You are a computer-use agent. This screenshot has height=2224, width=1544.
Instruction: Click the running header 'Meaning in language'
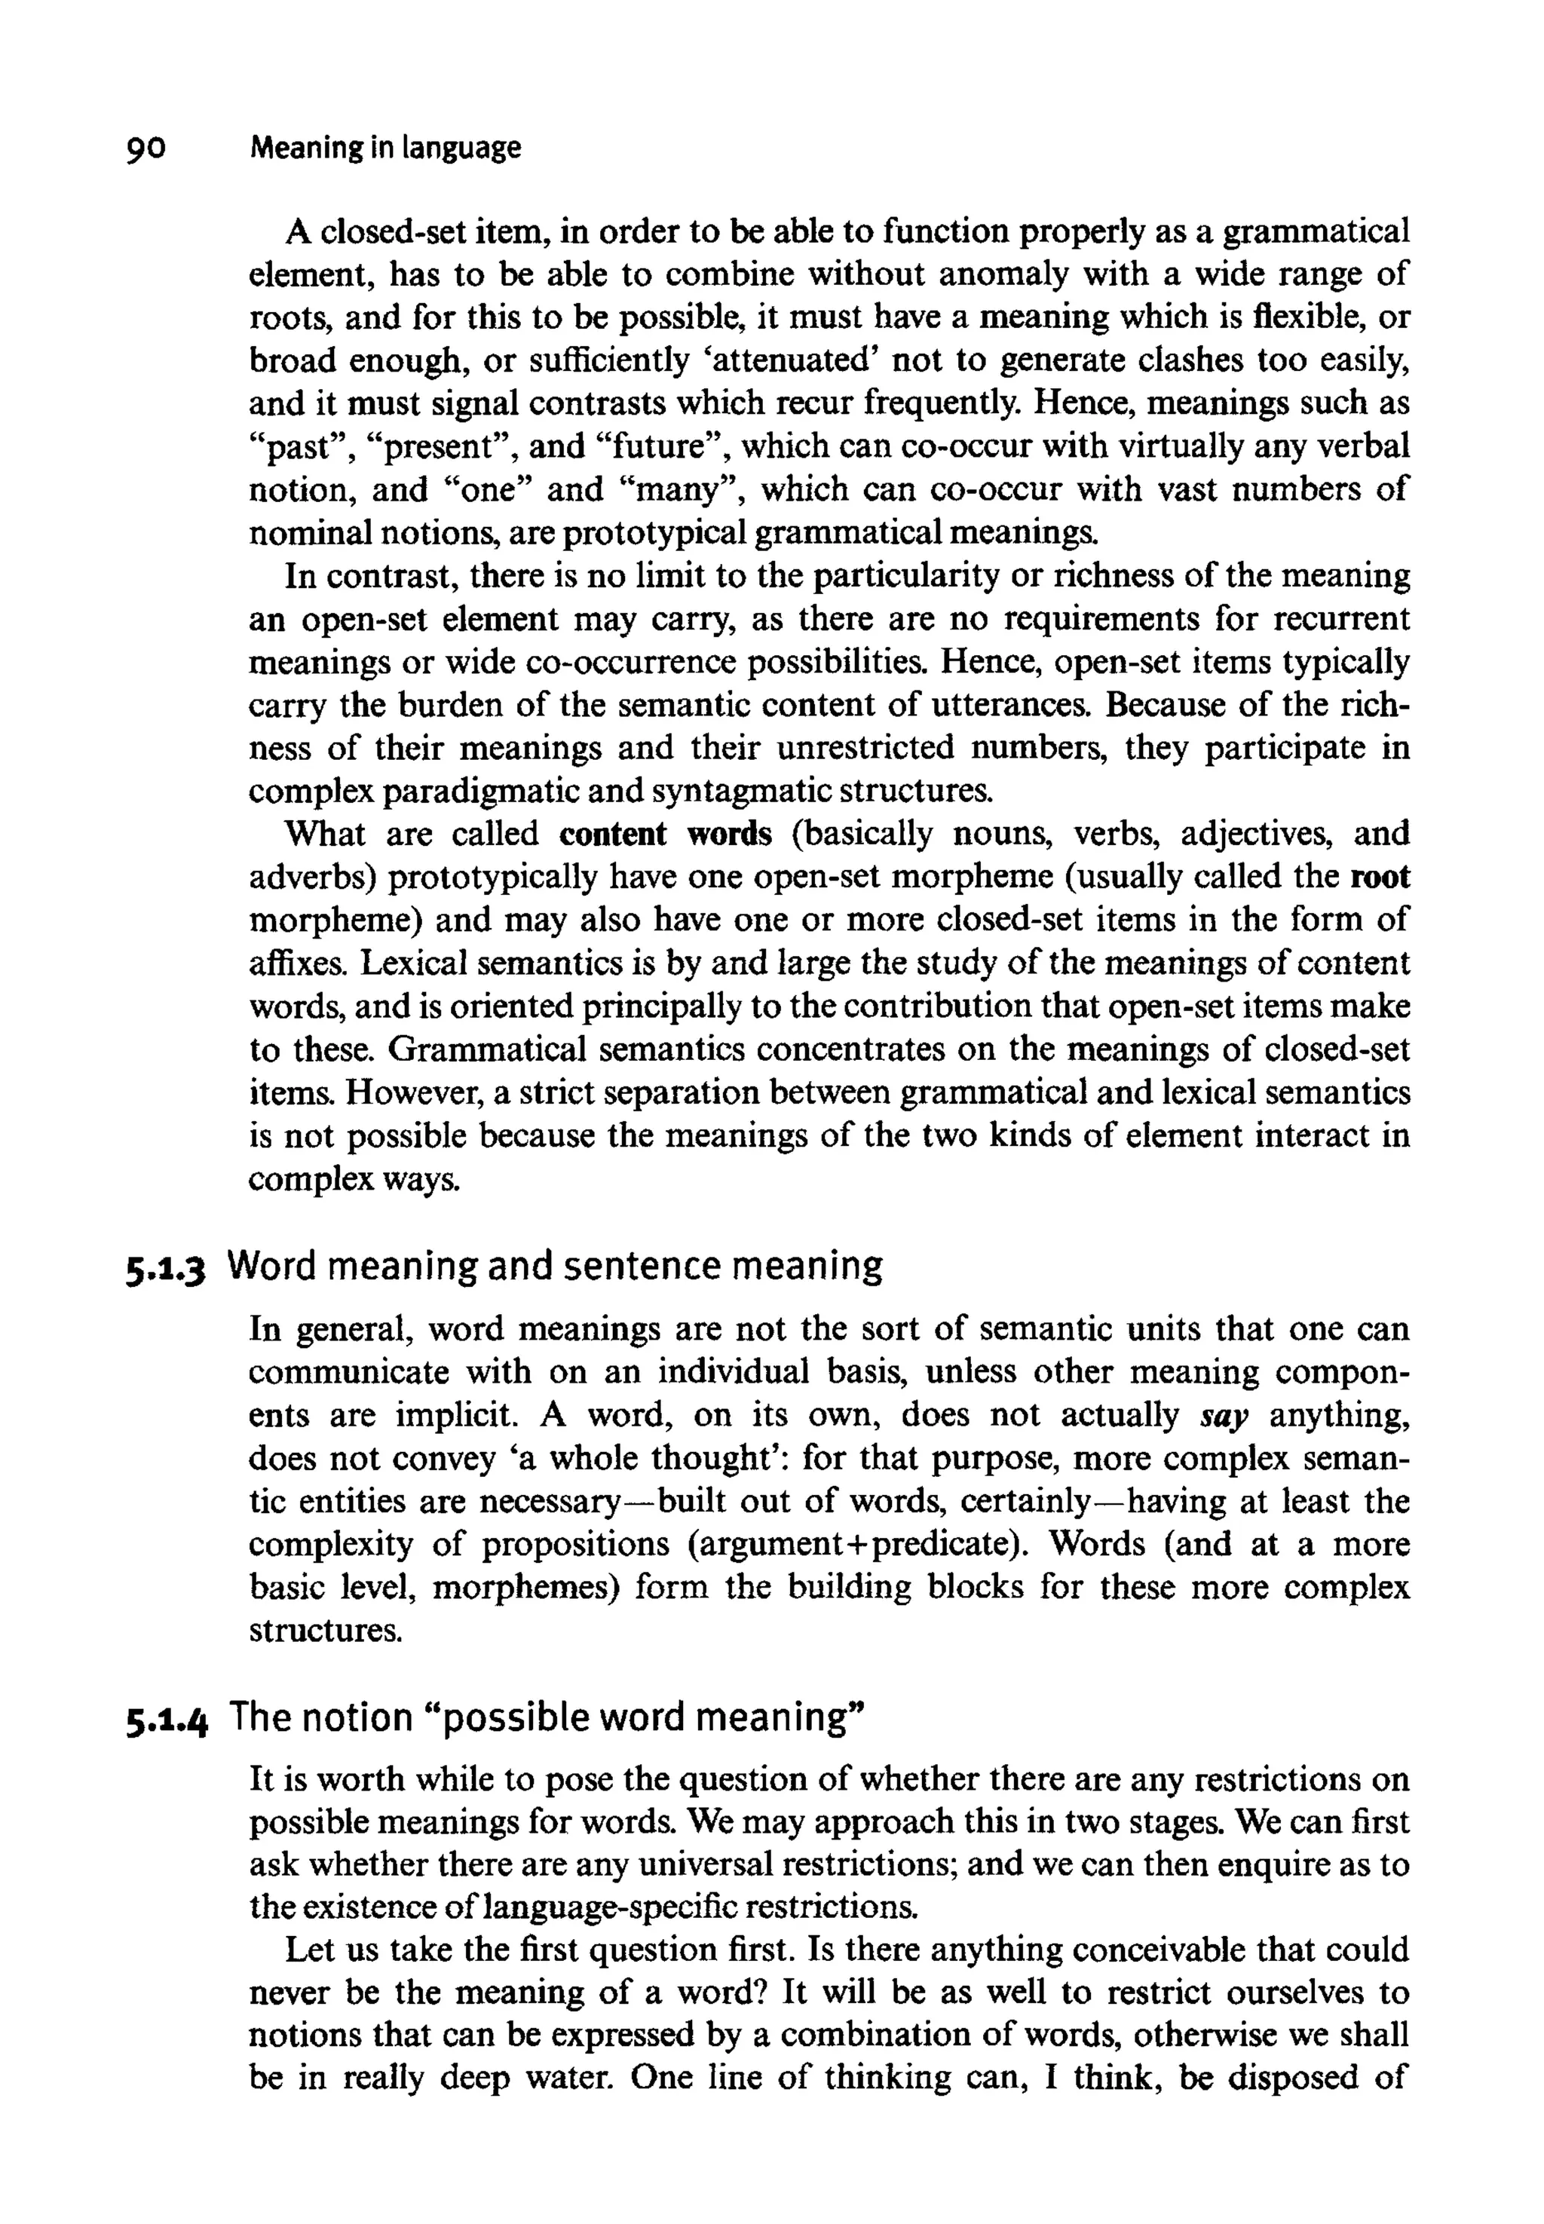[385, 148]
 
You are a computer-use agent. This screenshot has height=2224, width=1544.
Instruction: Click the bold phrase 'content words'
[666, 834]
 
